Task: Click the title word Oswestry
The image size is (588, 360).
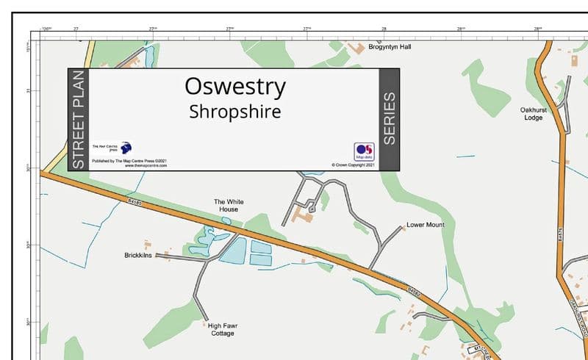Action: click(x=235, y=87)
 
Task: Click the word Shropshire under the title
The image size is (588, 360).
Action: click(x=235, y=112)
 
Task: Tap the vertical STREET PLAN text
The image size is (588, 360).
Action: click(x=79, y=120)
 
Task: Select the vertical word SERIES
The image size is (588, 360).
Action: click(x=389, y=118)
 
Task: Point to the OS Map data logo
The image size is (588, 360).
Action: click(x=364, y=151)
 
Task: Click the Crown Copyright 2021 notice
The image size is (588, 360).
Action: click(x=354, y=165)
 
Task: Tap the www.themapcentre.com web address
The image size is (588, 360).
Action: click(x=146, y=166)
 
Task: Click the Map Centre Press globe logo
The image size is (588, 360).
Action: click(x=126, y=148)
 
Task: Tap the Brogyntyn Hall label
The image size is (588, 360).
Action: click(x=390, y=47)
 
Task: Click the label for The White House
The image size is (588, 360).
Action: click(x=229, y=206)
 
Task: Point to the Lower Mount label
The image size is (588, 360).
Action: click(x=426, y=225)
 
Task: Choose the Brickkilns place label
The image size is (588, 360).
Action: click(x=138, y=256)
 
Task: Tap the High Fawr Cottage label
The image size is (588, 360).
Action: click(x=223, y=330)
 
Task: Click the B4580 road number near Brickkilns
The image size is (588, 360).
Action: click(x=134, y=201)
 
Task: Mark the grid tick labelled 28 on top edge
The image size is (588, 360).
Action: click(x=384, y=29)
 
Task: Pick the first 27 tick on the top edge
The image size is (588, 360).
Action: click(x=76, y=29)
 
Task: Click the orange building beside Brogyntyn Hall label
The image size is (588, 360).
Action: click(x=357, y=48)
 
